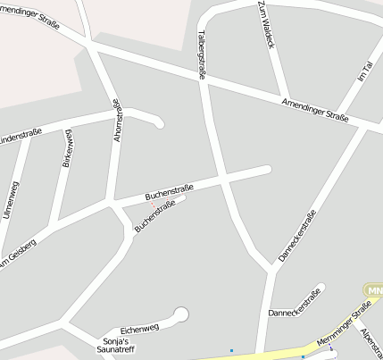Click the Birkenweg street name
tap(65, 148)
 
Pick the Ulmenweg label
tap(11, 200)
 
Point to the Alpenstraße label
tap(371, 344)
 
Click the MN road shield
tap(374, 290)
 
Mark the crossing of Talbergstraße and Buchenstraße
tap(221, 178)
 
